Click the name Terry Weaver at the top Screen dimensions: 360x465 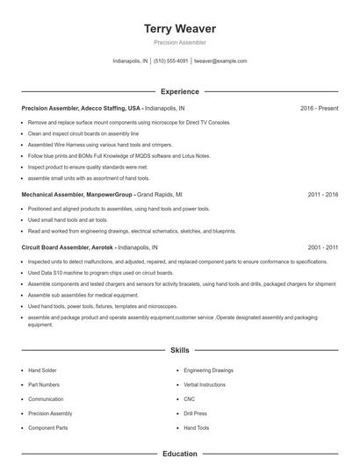180,28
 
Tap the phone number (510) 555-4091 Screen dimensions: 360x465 171,61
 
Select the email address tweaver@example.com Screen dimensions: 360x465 220,61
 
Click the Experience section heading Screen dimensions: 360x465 180,91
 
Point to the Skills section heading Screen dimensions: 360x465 180,350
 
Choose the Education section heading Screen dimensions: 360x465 180,454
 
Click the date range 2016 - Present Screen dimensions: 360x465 319,108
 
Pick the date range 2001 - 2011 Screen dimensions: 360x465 324,248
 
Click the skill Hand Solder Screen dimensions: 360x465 41,370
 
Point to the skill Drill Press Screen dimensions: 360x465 195,413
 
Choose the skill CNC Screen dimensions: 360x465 189,399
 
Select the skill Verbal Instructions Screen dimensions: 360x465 205,384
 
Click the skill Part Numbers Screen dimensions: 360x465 44,384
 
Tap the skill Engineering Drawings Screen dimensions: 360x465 208,370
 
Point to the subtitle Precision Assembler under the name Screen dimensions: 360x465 180,42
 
